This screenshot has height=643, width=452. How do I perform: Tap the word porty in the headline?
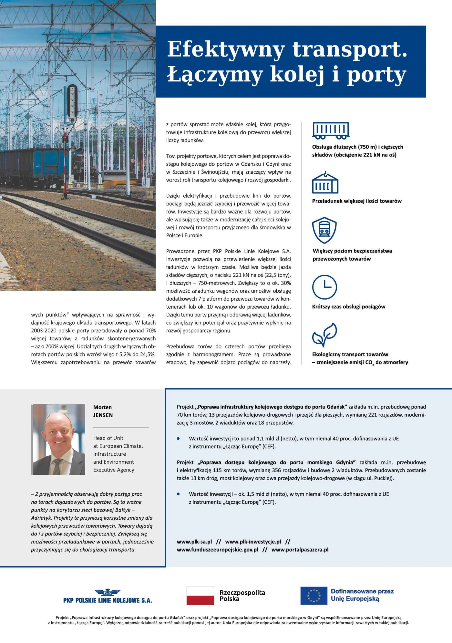tap(376, 75)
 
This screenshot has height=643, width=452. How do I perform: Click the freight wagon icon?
tap(331, 130)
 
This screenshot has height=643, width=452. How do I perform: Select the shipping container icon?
tap(325, 183)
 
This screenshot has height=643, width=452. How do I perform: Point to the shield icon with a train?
tap(324, 230)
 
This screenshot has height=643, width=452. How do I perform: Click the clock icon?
tap(324, 287)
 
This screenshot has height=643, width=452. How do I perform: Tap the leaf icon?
tap(324, 335)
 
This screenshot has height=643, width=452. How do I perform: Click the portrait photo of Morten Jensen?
tap(58, 439)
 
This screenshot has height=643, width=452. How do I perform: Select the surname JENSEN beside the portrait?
tap(103, 415)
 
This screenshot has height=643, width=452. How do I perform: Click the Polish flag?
tap(200, 596)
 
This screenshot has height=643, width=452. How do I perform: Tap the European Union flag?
tap(313, 596)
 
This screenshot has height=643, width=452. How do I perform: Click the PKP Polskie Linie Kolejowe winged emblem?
tap(108, 592)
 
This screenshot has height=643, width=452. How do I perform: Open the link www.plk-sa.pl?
tap(194, 542)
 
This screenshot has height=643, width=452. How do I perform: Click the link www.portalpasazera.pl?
tap(300, 550)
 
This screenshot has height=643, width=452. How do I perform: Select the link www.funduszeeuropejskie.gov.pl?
tap(217, 550)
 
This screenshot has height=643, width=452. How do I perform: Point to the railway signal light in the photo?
tap(72, 102)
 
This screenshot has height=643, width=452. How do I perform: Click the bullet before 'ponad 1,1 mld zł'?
tap(178, 439)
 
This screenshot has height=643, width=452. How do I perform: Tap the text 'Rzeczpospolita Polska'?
tap(242, 596)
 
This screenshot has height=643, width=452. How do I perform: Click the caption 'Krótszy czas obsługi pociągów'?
tap(349, 307)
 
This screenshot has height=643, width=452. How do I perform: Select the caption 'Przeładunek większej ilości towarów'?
tap(357, 201)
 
